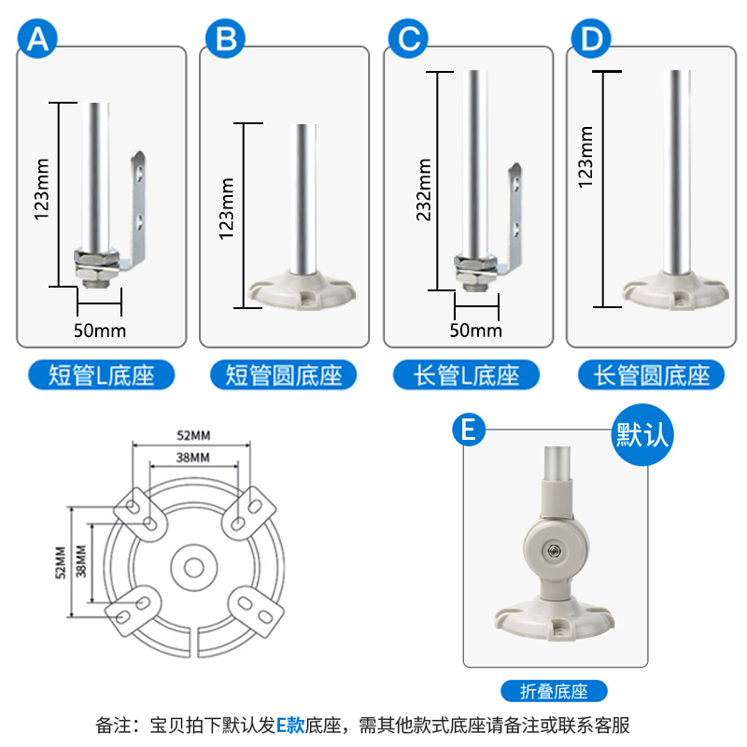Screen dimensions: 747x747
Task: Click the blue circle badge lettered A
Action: (x=37, y=38)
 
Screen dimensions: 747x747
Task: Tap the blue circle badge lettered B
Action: (x=225, y=38)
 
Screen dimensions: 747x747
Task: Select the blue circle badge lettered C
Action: (x=408, y=38)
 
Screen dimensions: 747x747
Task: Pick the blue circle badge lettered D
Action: (x=591, y=38)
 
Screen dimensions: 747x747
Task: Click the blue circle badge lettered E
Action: (x=469, y=430)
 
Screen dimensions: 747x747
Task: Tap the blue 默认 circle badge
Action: (x=642, y=434)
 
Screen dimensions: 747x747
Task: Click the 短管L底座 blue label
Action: (x=102, y=375)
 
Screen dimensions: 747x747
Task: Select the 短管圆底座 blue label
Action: (x=284, y=375)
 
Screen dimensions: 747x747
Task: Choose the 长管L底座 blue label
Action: (x=466, y=375)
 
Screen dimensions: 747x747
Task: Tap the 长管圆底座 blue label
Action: (x=651, y=375)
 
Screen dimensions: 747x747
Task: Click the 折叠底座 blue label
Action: (x=554, y=691)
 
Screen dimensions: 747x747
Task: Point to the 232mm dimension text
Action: (x=424, y=190)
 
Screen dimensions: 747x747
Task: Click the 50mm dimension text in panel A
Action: (x=100, y=331)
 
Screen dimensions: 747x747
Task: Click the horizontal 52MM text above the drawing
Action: (x=193, y=435)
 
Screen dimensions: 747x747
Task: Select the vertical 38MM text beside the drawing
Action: (x=81, y=561)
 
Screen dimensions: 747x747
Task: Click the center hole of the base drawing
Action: (x=194, y=568)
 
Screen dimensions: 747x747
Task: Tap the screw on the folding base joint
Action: (x=554, y=551)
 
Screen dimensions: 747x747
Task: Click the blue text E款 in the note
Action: (x=290, y=726)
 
